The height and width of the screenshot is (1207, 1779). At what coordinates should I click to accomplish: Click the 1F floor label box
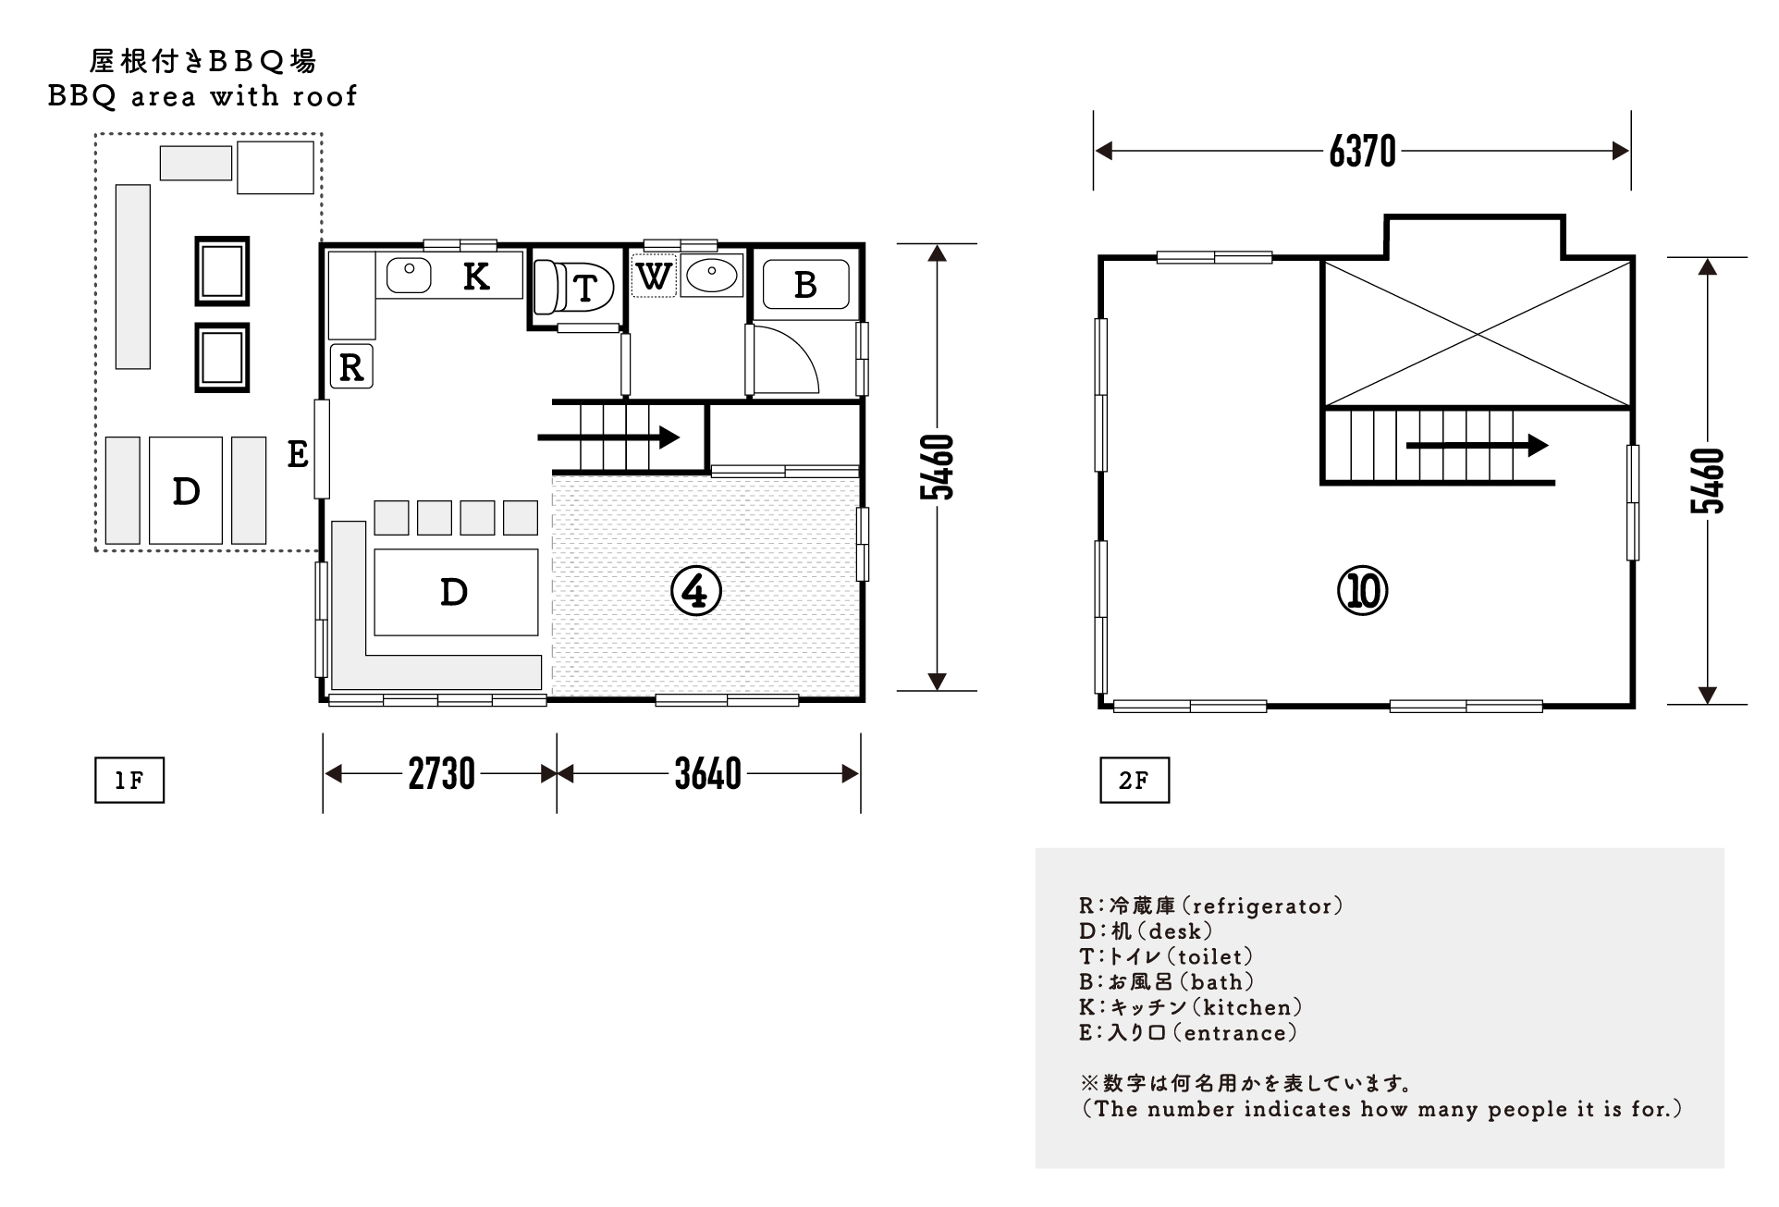(x=129, y=781)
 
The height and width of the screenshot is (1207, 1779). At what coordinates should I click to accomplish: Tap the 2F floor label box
(x=1134, y=781)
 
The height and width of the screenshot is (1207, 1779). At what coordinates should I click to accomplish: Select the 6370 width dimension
(x=1362, y=151)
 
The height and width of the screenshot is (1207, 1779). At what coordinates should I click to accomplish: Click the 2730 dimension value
(x=441, y=774)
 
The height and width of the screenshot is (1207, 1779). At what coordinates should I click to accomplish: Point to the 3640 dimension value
(x=707, y=774)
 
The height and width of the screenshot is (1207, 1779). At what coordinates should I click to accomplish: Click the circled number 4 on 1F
(x=695, y=591)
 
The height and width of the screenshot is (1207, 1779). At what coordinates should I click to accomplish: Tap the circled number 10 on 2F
(x=1362, y=591)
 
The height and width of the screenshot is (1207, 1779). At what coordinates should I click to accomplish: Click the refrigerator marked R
(x=351, y=366)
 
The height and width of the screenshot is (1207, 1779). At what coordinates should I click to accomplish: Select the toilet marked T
(x=575, y=288)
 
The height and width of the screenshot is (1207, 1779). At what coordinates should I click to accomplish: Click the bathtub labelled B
(x=804, y=285)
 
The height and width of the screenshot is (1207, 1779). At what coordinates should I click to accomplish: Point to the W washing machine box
(x=654, y=276)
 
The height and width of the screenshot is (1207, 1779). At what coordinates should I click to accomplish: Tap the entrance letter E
(x=297, y=454)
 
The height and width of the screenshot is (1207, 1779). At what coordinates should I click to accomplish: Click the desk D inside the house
(x=455, y=592)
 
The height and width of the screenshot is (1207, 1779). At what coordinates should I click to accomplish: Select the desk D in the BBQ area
(x=186, y=491)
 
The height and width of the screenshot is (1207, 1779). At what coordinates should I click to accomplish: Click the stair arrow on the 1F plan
(x=610, y=437)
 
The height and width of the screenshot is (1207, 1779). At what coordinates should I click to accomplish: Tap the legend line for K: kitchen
(x=1190, y=1007)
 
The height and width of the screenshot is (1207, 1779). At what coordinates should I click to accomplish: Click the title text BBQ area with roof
(x=202, y=96)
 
